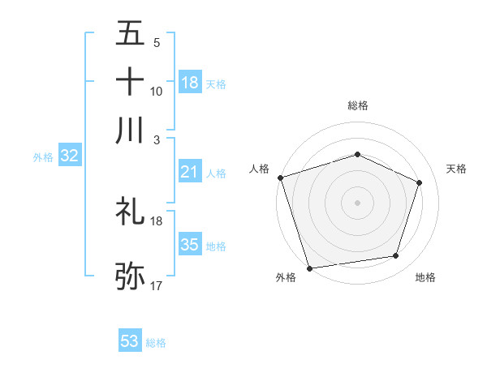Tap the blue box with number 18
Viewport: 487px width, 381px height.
point(190,83)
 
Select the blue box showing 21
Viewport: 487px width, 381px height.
point(190,172)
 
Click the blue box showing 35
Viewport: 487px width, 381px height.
point(190,245)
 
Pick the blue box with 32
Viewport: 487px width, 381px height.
point(69,156)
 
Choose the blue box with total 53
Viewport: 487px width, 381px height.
point(130,341)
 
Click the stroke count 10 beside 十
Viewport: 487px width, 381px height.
point(157,92)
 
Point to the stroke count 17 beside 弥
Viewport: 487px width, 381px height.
point(157,287)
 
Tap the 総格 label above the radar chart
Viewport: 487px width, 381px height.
point(357,105)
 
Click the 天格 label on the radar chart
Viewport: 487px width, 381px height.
point(456,169)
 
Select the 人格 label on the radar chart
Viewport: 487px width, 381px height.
point(259,169)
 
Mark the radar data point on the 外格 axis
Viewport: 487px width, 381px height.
point(309,268)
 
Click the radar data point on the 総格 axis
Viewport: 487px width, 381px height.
point(357,154)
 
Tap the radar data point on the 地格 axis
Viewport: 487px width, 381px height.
point(396,256)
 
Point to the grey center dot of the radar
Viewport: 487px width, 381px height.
point(357,202)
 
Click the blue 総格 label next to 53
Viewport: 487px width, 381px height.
point(156,343)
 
